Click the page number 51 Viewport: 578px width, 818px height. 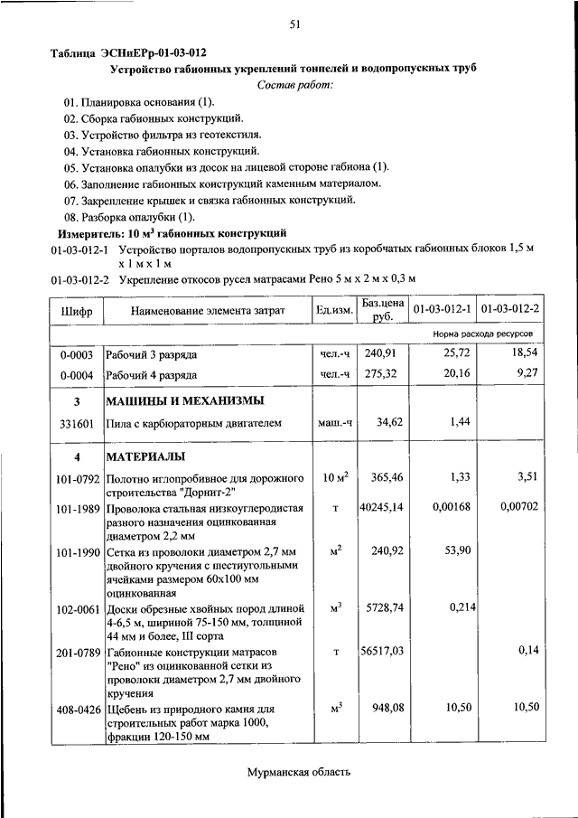[294, 24]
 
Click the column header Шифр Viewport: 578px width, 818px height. [77, 311]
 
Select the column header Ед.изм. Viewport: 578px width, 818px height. [333, 311]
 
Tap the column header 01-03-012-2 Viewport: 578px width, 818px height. [510, 311]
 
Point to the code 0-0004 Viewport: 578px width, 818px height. [77, 374]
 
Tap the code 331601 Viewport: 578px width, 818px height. [77, 422]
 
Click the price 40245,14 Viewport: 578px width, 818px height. [380, 508]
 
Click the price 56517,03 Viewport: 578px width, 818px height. [380, 652]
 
